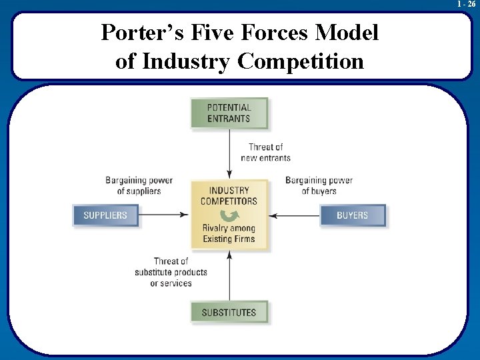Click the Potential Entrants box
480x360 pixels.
click(x=229, y=113)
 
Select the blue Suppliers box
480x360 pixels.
click(x=105, y=215)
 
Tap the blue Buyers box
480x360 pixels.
click(x=353, y=215)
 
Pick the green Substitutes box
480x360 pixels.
click(x=229, y=312)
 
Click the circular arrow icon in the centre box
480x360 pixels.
click(x=229, y=215)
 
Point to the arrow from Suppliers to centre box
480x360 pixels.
click(x=164, y=215)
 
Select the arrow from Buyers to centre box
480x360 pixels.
click(x=295, y=215)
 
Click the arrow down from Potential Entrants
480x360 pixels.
click(x=229, y=153)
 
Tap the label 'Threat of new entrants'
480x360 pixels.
click(x=265, y=153)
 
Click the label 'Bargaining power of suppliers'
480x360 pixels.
click(x=139, y=185)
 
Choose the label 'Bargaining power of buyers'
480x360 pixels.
click(x=319, y=185)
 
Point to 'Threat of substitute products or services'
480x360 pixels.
click(x=171, y=272)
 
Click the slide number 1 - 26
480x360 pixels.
click(x=466, y=5)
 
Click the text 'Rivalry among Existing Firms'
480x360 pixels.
click(x=229, y=233)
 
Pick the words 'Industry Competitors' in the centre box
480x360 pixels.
click(x=229, y=196)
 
